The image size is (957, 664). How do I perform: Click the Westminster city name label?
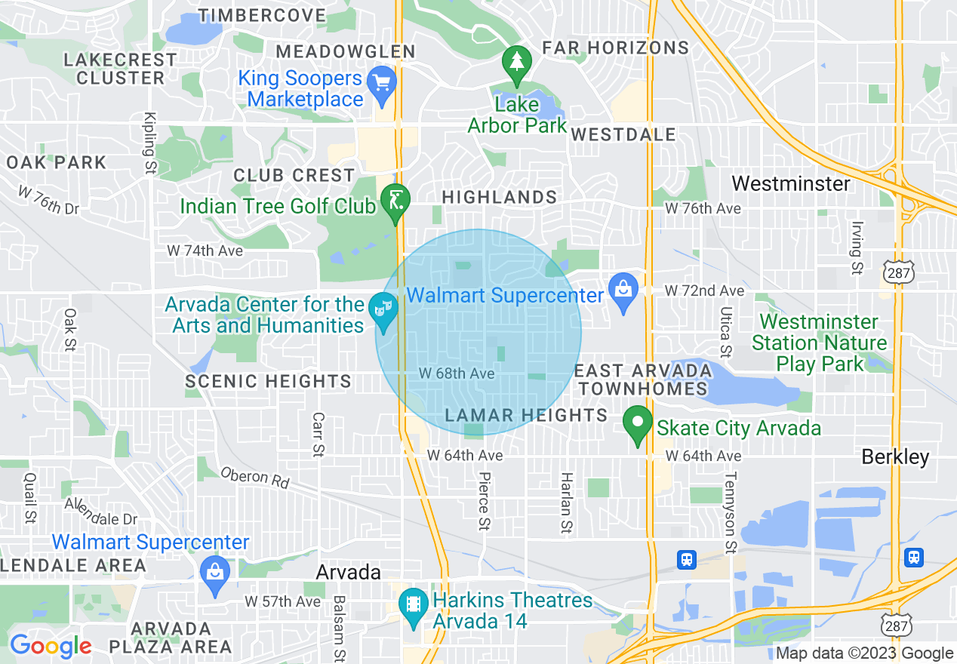coord(791,183)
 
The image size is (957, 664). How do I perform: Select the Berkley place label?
coord(896,456)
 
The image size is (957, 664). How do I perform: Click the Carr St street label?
coord(318,435)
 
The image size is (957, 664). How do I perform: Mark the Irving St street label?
coord(856,247)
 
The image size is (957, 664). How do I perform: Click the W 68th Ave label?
coord(457,373)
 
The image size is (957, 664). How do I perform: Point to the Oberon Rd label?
coord(255,478)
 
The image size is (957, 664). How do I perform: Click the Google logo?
coord(50,647)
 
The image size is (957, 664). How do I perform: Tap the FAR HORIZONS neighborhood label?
coord(616,48)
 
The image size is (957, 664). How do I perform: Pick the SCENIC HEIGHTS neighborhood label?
coord(268,382)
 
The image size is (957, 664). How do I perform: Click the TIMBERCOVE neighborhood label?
coord(263,15)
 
